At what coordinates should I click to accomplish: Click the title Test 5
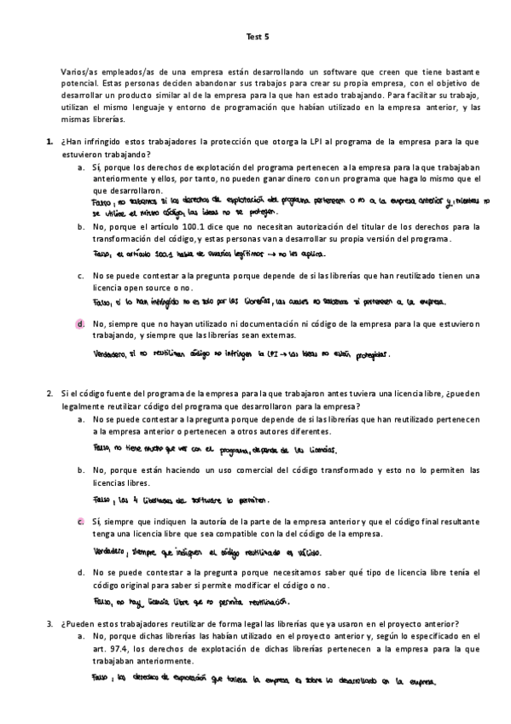[x=256, y=38]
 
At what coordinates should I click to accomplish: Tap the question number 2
[x=50, y=394]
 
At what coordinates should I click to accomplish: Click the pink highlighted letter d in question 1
[x=79, y=324]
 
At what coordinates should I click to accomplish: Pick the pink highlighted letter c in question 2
[x=79, y=522]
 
